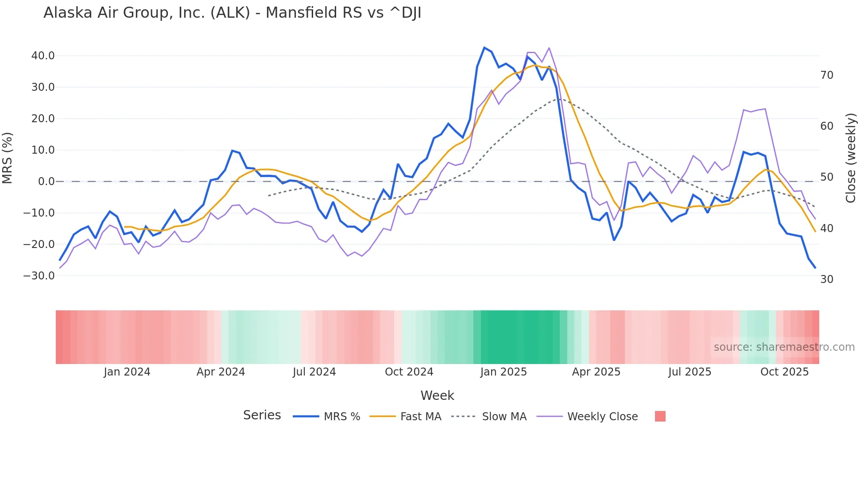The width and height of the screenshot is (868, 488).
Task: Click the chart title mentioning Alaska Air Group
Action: [232, 13]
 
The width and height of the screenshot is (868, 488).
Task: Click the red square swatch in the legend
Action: [660, 416]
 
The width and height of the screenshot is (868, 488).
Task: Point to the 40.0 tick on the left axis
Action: [43, 56]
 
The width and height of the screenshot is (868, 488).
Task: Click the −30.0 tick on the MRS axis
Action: [39, 275]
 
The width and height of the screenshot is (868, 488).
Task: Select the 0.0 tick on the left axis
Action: [46, 182]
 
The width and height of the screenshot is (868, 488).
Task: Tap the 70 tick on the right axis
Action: [826, 75]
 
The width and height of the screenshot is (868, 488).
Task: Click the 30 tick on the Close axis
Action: [826, 279]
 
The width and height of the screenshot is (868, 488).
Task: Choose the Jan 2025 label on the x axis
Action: [503, 372]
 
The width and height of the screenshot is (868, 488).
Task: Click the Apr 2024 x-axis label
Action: [221, 372]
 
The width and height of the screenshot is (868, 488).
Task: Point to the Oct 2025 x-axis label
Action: [784, 372]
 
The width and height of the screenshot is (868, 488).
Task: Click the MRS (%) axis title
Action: [8, 158]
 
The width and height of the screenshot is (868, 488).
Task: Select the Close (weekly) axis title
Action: [850, 158]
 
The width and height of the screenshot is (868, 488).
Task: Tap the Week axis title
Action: [437, 395]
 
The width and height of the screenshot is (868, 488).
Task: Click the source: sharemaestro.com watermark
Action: [784, 347]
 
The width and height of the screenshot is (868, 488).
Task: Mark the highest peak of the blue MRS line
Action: [484, 47]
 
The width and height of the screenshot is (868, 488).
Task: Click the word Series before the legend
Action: [262, 415]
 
